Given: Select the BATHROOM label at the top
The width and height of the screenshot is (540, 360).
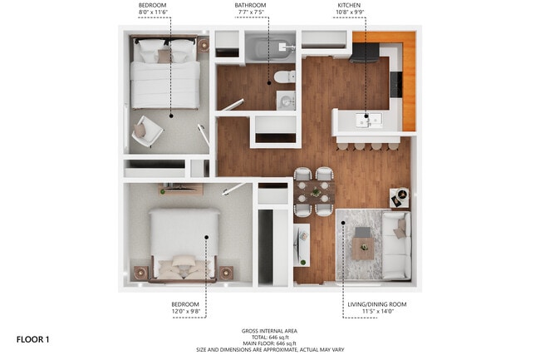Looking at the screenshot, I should [250, 5].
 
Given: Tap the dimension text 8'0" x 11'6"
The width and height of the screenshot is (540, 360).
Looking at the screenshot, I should [154, 13].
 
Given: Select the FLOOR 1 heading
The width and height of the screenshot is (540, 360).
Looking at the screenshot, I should [33, 339].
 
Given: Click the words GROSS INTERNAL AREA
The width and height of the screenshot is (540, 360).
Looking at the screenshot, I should [270, 330].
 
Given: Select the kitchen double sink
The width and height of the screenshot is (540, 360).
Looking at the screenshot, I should [366, 121].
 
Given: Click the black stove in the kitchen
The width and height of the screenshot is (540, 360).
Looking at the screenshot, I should [366, 53].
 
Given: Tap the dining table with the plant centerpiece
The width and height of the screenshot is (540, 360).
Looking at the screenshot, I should [315, 193].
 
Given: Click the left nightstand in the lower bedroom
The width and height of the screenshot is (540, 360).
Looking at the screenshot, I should [140, 272].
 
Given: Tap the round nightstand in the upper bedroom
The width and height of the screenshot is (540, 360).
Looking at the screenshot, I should [203, 46].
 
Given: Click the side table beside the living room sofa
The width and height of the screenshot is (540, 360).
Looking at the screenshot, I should [399, 198].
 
